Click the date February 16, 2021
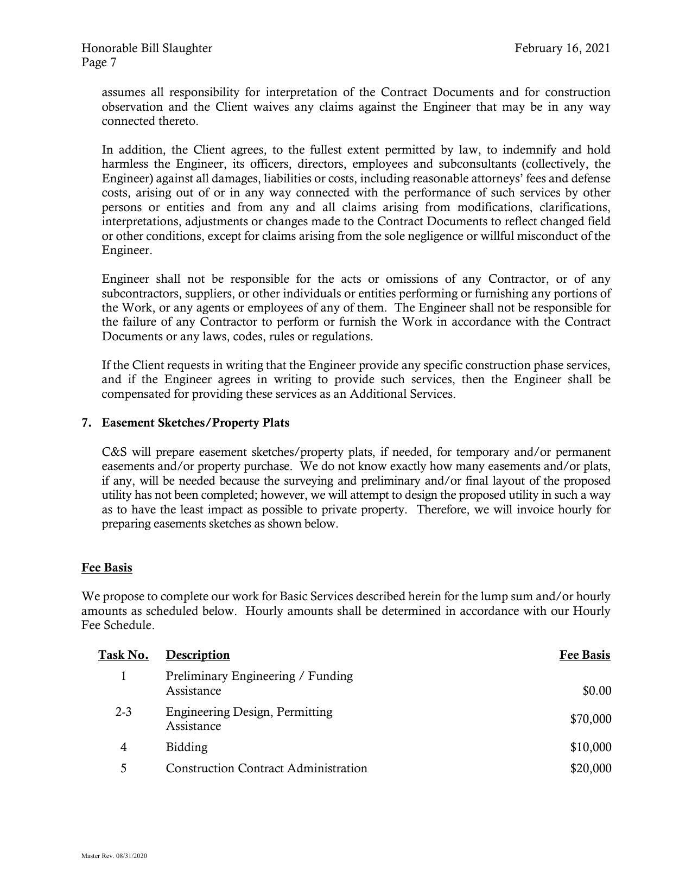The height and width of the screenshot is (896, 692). [x=562, y=48]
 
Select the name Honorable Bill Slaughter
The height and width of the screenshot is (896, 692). [x=147, y=48]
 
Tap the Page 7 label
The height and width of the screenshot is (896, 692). [x=99, y=63]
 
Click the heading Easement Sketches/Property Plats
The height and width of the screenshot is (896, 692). [x=195, y=423]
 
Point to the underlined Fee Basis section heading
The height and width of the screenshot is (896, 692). [x=107, y=568]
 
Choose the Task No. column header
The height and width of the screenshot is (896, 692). [x=123, y=655]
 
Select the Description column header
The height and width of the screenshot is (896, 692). [x=198, y=655]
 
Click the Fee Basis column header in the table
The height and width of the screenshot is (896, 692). [x=585, y=655]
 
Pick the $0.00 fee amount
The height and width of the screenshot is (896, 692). [x=597, y=691]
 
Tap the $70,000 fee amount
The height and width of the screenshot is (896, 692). [x=591, y=719]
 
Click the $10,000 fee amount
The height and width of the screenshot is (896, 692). [x=591, y=747]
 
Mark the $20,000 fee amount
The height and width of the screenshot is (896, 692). [x=591, y=768]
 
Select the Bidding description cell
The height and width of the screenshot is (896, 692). [x=187, y=747]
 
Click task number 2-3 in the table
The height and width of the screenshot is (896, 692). [x=123, y=712]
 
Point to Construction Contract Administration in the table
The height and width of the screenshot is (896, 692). [x=266, y=768]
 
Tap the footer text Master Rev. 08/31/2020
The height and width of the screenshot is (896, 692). [x=115, y=856]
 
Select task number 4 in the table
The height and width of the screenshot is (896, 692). [x=124, y=747]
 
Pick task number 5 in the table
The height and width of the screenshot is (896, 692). [x=124, y=768]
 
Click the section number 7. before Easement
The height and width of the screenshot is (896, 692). [x=86, y=423]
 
